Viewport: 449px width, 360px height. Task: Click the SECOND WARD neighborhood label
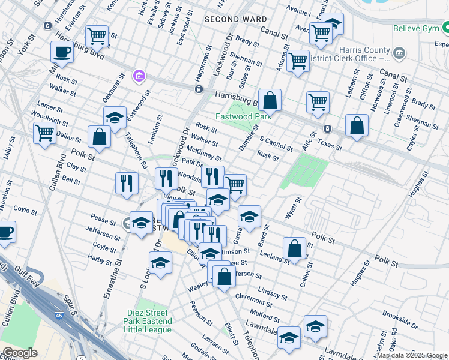pyautogui.click(x=235, y=19)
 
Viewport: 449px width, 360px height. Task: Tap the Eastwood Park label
pyautogui.click(x=244, y=116)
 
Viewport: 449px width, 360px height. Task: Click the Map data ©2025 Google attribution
pyautogui.click(x=412, y=355)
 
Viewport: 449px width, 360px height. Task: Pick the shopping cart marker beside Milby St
pyautogui.click(x=44, y=133)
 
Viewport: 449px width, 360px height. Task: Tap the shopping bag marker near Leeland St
pyautogui.click(x=295, y=248)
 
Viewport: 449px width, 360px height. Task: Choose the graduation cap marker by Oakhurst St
pyautogui.click(x=115, y=118)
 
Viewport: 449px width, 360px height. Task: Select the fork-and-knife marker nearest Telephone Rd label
pyautogui.click(x=127, y=182)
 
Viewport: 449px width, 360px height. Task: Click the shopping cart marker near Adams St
pyautogui.click(x=298, y=61)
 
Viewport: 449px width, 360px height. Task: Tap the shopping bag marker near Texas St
pyautogui.click(x=357, y=126)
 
